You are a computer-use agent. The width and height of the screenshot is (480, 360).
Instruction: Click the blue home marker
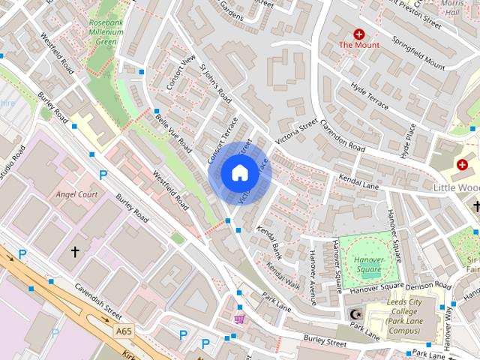point(238,172)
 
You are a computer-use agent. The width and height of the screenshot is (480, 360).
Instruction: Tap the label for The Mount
point(359,45)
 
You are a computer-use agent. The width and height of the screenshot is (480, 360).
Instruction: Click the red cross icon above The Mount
point(359,34)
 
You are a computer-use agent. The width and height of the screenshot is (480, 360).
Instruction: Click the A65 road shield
point(124,330)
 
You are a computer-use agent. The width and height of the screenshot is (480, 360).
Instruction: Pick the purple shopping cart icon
point(239,319)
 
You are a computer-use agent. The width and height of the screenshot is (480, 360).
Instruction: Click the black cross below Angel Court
point(75,252)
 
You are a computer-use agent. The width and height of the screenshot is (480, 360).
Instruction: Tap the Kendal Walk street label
point(283,277)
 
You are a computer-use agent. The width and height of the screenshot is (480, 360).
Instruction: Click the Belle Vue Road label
point(172,129)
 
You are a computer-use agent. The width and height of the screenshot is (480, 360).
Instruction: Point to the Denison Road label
point(429,286)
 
